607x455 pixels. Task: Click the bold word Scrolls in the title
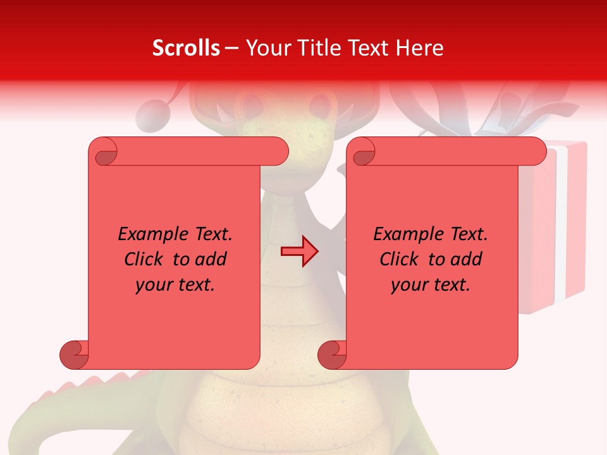tap(186, 48)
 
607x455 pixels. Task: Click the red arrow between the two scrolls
tap(299, 252)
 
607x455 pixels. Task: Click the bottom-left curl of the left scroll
tap(73, 355)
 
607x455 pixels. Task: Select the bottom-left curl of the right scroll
tap(331, 355)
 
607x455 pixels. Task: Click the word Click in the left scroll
tap(144, 259)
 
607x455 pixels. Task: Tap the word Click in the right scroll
tap(400, 259)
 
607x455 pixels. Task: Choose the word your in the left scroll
tap(152, 285)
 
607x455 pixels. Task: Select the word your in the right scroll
tap(408, 285)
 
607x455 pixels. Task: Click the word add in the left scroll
tap(211, 259)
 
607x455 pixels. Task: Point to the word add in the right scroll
tap(466, 259)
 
